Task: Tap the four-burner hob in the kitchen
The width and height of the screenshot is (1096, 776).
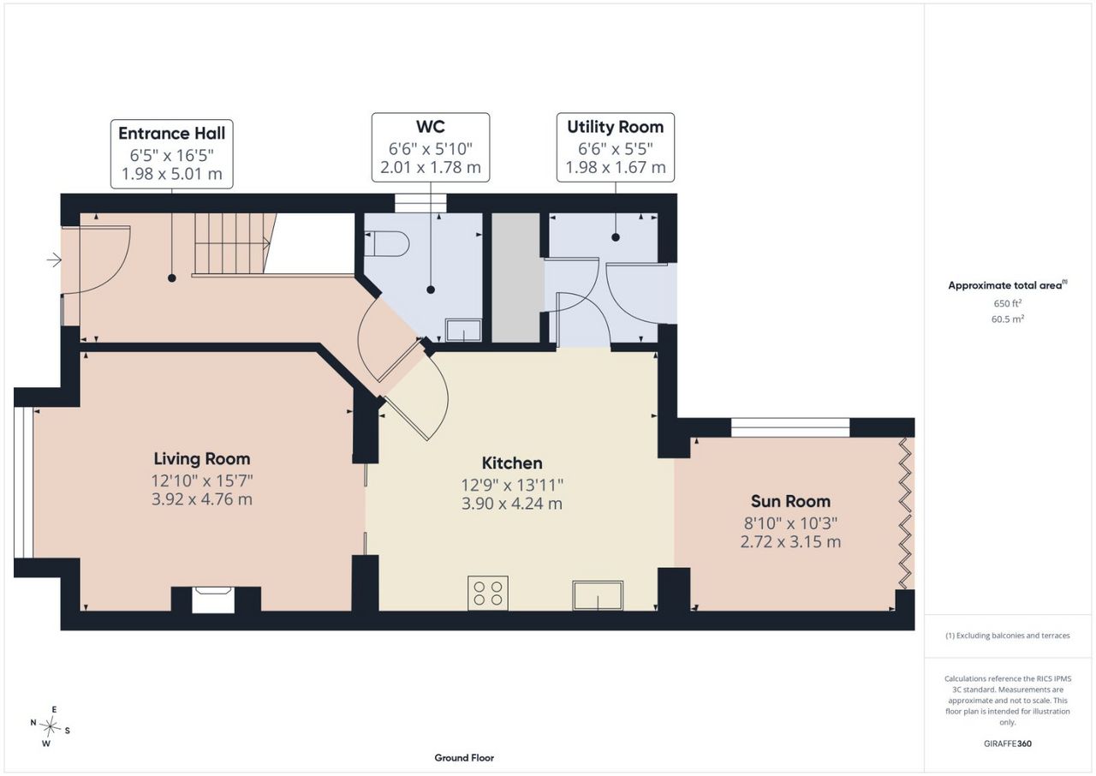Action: point(488,593)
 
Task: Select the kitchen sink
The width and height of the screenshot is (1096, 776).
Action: point(598,595)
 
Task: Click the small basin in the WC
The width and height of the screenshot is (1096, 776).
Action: point(463,331)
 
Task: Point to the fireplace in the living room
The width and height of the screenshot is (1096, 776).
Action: point(213,600)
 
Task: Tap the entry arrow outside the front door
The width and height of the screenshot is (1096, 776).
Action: point(54,260)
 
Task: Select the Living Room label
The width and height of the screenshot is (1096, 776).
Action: point(201,459)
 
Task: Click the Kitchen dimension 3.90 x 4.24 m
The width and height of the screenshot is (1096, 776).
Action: point(512,504)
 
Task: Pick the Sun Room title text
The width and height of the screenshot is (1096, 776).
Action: point(790,502)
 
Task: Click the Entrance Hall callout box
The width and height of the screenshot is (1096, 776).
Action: point(172,154)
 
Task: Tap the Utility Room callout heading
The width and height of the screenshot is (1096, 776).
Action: point(616,128)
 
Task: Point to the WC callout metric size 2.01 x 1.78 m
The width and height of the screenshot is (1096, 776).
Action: point(431,167)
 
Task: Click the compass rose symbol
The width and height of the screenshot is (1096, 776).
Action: point(50,727)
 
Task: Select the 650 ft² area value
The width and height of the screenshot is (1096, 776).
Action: point(1008,303)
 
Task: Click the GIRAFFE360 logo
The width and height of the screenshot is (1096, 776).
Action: point(1008,743)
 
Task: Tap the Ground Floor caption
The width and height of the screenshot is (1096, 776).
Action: point(464,758)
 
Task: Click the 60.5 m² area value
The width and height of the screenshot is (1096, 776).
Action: point(1008,319)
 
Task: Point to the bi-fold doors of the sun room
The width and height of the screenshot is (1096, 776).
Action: point(906,513)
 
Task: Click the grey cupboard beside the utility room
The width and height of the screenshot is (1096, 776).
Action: point(517,278)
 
